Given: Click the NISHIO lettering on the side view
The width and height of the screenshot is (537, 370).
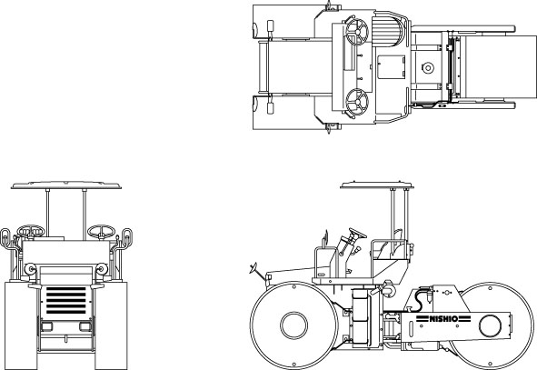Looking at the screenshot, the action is (443, 319).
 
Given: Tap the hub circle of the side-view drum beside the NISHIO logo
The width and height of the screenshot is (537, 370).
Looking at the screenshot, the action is (490, 325).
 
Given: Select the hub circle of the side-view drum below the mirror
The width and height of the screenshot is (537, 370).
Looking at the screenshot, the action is (293, 325).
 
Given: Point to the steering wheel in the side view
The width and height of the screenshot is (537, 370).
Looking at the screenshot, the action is (357, 233).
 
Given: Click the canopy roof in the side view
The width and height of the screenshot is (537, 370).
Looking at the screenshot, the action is (377, 185).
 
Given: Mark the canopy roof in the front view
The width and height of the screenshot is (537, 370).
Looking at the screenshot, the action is (66, 185).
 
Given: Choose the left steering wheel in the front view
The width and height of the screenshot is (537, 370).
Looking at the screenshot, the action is (31, 231).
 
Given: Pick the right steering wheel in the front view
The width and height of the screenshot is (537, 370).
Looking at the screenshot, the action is (101, 231).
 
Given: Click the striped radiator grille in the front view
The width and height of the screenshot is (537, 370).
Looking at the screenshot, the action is (65, 300).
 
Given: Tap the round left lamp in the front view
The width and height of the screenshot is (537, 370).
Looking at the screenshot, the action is (30, 268).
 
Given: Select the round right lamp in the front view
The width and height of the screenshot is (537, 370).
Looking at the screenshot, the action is (102, 268).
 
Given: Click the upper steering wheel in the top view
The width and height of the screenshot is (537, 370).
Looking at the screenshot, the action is (357, 32).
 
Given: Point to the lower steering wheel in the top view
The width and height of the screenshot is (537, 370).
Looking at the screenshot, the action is (357, 102).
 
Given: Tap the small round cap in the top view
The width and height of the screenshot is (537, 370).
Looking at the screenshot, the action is (428, 67).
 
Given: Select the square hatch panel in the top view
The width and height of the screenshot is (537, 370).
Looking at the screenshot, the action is (392, 67).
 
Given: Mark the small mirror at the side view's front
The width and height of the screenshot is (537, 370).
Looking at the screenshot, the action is (254, 267).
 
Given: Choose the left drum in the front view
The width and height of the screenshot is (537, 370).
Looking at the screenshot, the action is (21, 325).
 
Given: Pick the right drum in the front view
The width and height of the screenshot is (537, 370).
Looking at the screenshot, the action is (111, 325).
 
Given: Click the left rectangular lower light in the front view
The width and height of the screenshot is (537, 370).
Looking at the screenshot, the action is (46, 326).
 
